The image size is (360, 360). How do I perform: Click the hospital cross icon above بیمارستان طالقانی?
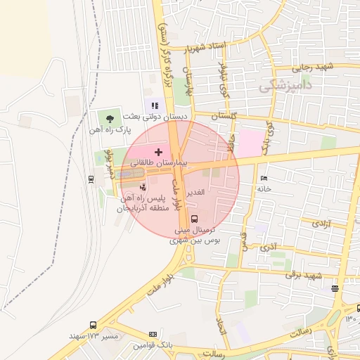[158, 151]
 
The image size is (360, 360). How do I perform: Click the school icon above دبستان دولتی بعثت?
[155, 105]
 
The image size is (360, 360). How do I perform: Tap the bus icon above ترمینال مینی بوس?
[195, 219]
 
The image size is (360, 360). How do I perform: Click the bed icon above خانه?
[264, 179]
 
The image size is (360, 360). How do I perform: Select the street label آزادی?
[320, 223]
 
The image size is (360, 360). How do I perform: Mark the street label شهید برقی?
[302, 275]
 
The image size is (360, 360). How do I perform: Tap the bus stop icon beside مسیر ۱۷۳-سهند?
[94, 325]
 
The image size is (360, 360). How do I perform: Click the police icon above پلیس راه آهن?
[143, 188]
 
